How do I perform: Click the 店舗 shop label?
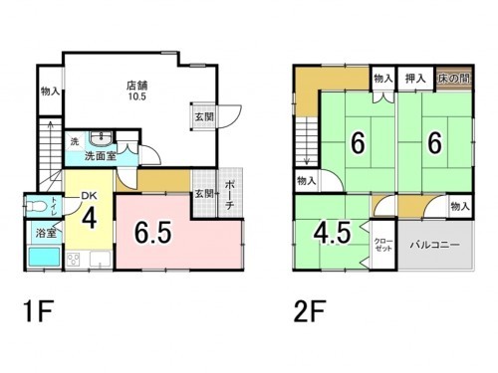[x=137, y=84]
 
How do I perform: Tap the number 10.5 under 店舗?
[x=137, y=96]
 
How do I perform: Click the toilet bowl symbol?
[x=38, y=208]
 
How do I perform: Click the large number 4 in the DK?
[x=88, y=217]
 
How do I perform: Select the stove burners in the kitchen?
[x=75, y=261]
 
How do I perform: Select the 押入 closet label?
[x=415, y=78]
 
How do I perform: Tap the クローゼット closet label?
[x=383, y=246]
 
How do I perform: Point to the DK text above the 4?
[x=87, y=196]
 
